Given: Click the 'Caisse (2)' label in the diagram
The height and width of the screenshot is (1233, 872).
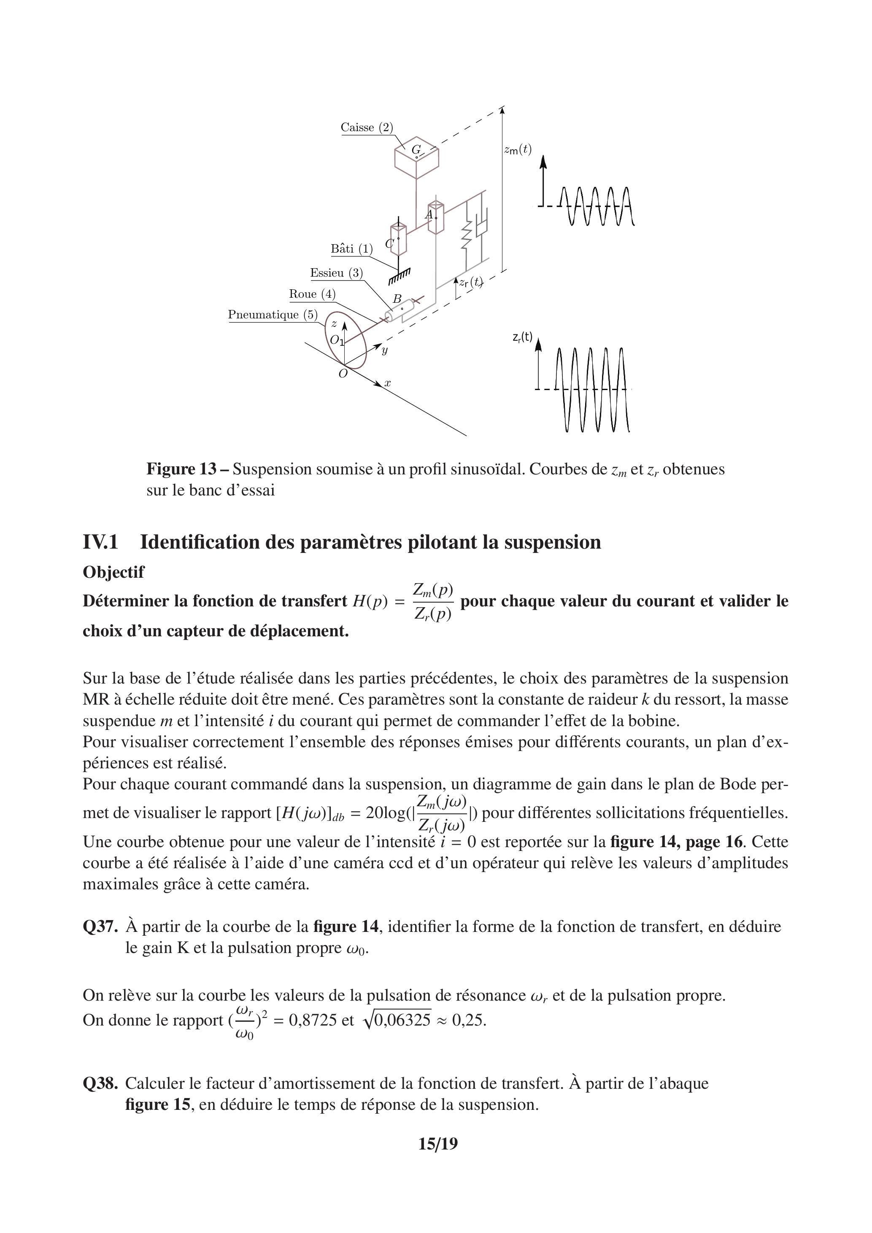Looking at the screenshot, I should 367,127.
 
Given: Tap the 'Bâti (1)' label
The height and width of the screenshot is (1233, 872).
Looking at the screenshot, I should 351,249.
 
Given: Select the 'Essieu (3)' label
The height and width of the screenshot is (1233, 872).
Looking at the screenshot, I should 336,273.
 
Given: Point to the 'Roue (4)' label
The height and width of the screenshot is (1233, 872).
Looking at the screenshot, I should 312,294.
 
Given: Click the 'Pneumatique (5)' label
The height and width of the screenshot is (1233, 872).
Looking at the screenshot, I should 273,315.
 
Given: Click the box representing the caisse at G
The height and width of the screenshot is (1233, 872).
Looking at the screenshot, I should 416,159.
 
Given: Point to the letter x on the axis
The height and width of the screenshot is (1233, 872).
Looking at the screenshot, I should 387,383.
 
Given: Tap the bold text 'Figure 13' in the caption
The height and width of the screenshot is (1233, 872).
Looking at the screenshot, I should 181,469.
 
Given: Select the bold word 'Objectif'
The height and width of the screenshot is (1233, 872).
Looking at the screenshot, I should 113,573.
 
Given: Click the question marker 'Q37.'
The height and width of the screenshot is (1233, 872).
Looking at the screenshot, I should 100,927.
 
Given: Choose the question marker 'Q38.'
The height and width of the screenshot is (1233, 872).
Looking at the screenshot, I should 100,1084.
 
